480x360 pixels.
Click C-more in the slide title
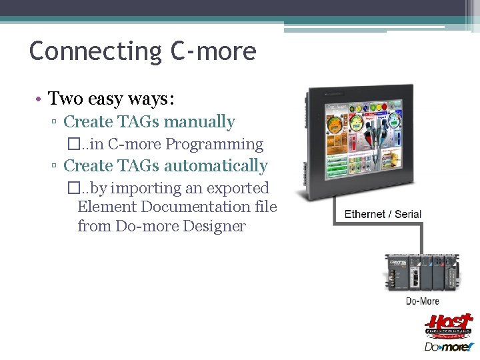214,51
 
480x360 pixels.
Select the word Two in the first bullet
65,99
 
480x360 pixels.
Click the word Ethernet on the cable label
365,214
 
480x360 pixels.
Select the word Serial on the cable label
408,214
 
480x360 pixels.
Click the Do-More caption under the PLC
423,301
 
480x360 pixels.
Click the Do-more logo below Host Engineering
449,347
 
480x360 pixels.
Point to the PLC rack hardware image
423,272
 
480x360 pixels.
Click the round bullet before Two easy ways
40,99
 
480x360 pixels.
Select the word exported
245,189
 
